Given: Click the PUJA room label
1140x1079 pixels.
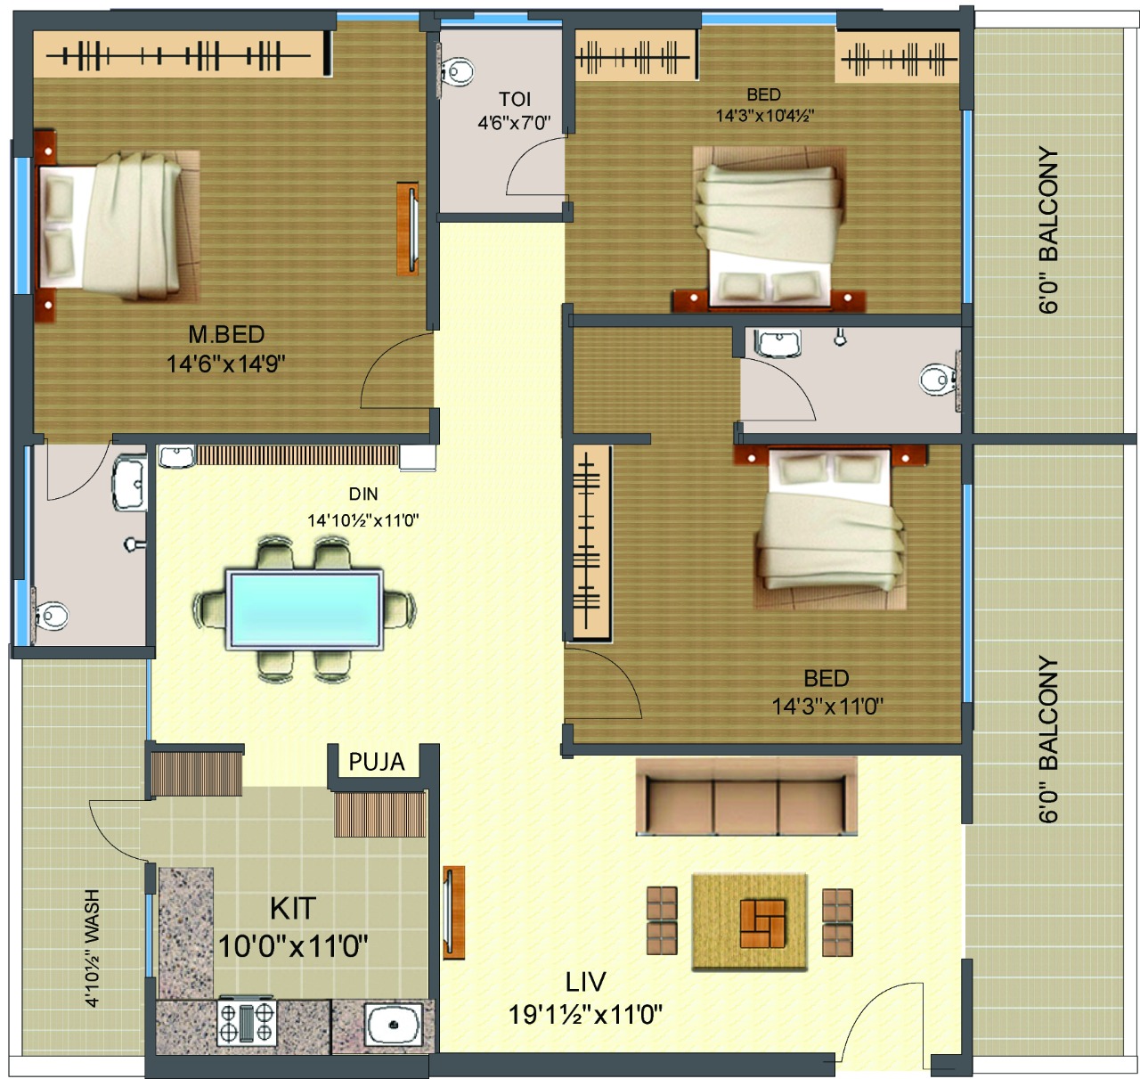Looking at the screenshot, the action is point(377,762).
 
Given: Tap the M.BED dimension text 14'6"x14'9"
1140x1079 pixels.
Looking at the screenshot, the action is point(225,364).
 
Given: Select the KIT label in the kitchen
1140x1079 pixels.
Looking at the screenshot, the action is point(293,909).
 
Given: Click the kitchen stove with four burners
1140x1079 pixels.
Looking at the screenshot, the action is point(247,1023).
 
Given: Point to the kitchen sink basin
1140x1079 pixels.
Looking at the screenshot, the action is point(394,1025).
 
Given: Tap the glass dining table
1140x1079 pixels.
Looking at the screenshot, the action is point(305,609).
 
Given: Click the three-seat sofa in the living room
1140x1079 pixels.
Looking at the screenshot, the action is point(746,797).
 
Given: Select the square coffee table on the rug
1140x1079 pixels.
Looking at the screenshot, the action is point(762,924).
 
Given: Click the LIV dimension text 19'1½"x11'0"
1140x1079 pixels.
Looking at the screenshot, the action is point(585,1015).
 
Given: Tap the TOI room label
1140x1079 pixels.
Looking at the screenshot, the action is point(514,100).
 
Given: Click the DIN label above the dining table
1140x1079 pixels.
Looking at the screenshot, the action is point(363,494).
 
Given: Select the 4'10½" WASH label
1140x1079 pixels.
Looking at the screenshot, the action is point(92,948).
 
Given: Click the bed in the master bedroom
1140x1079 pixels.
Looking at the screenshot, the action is point(118,226).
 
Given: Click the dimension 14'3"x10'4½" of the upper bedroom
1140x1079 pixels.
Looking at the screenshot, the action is point(765,116).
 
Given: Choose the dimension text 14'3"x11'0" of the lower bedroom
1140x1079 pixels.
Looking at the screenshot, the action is point(826,706).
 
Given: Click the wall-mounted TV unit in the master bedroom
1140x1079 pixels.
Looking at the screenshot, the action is point(408,229).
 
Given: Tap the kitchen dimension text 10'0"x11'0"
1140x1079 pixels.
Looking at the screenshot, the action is point(293,947).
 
